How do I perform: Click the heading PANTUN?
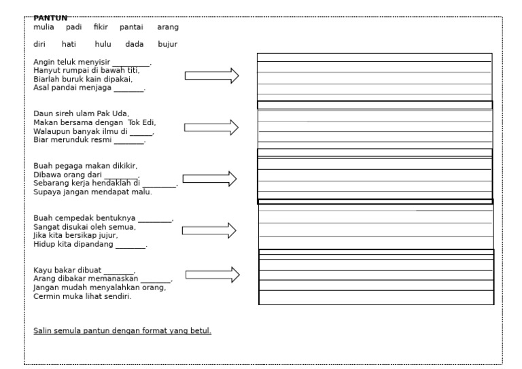[50, 18]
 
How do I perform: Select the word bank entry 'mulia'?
[44, 27]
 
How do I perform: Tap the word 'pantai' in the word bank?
[131, 27]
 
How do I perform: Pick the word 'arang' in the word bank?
[168, 27]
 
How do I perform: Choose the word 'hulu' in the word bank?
[103, 45]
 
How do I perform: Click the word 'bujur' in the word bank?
[167, 45]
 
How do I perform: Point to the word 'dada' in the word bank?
[135, 45]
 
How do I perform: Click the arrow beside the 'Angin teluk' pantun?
[212, 75]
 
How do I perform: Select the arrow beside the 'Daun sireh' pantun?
[211, 127]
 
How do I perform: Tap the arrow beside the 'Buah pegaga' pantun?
[210, 179]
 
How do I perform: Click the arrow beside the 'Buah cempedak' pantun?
[209, 231]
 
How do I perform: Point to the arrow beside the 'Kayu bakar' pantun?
[213, 275]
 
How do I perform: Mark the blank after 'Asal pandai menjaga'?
[128, 88]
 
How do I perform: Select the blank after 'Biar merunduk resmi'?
[128, 141]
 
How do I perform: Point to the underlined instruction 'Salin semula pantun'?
[122, 331]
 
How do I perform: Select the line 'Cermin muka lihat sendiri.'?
[82, 296]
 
